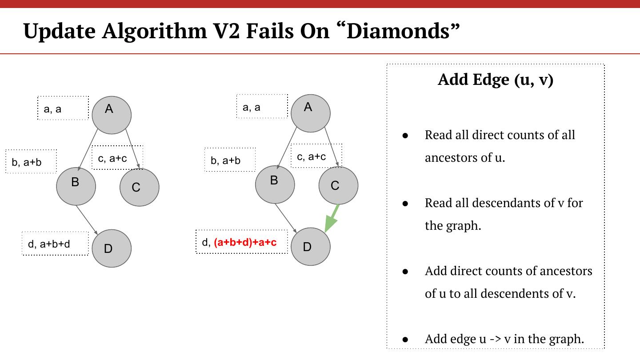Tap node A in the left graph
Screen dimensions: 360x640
[x=112, y=115]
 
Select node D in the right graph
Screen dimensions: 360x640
[x=310, y=247]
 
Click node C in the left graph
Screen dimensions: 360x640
[x=139, y=187]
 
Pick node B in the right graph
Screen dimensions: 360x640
[x=275, y=184]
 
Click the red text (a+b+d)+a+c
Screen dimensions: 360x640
[x=245, y=242]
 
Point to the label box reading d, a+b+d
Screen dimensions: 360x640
[x=55, y=244]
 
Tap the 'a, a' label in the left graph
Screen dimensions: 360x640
[x=63, y=108]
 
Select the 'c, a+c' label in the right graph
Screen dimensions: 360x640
[x=316, y=156]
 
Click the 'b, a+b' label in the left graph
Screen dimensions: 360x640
[x=31, y=162]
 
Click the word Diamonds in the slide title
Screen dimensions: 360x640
[x=402, y=31]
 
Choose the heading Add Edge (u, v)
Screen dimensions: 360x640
[x=495, y=80]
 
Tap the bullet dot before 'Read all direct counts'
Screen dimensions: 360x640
[x=405, y=135]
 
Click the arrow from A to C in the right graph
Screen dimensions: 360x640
[x=331, y=147]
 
